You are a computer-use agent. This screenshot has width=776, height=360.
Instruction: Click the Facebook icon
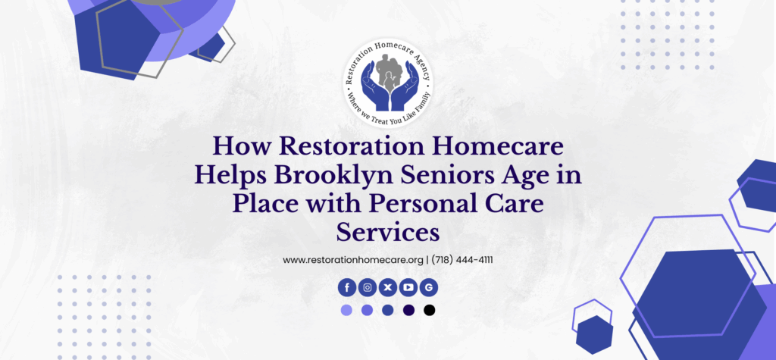347,287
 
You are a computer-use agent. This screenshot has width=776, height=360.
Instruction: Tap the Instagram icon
368,287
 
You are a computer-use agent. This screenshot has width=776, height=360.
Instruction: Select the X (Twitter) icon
387,287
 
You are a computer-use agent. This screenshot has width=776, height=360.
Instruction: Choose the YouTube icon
408,287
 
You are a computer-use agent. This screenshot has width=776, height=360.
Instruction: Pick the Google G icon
429,287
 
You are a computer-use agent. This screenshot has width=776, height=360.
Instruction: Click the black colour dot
429,311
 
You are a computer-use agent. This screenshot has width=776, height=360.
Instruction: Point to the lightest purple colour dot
346,311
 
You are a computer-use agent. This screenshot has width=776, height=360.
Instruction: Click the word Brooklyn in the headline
311,177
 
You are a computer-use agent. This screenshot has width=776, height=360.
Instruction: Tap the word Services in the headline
388,232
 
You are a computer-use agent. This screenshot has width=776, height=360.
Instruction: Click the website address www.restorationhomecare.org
353,260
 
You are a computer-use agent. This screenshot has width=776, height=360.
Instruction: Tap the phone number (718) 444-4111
462,260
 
